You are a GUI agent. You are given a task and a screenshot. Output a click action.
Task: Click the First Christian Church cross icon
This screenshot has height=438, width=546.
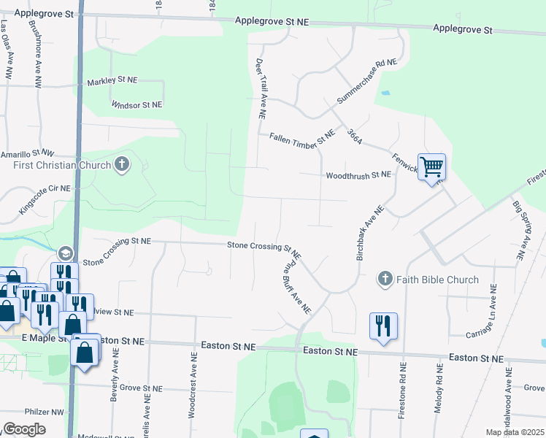[x=122, y=165]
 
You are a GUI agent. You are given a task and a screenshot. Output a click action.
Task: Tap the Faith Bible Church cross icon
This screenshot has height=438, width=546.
[x=385, y=279]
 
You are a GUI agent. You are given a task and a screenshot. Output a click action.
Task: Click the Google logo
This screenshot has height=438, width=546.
[x=24, y=429]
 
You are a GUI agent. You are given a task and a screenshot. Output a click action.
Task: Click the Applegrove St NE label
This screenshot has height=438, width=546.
[x=272, y=23]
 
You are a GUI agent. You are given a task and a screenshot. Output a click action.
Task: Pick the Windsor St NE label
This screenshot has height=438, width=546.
[x=136, y=105]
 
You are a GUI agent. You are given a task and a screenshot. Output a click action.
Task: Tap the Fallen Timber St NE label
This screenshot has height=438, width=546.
[x=301, y=137]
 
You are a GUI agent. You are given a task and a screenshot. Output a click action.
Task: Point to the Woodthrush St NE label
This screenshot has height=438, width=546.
[x=358, y=175]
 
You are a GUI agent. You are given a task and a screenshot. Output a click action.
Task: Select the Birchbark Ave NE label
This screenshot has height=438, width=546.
[x=368, y=222]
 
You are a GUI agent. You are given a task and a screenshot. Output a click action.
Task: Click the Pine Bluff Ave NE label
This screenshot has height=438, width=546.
[x=297, y=285]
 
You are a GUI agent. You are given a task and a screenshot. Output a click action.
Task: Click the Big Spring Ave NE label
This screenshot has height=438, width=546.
[x=519, y=230]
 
